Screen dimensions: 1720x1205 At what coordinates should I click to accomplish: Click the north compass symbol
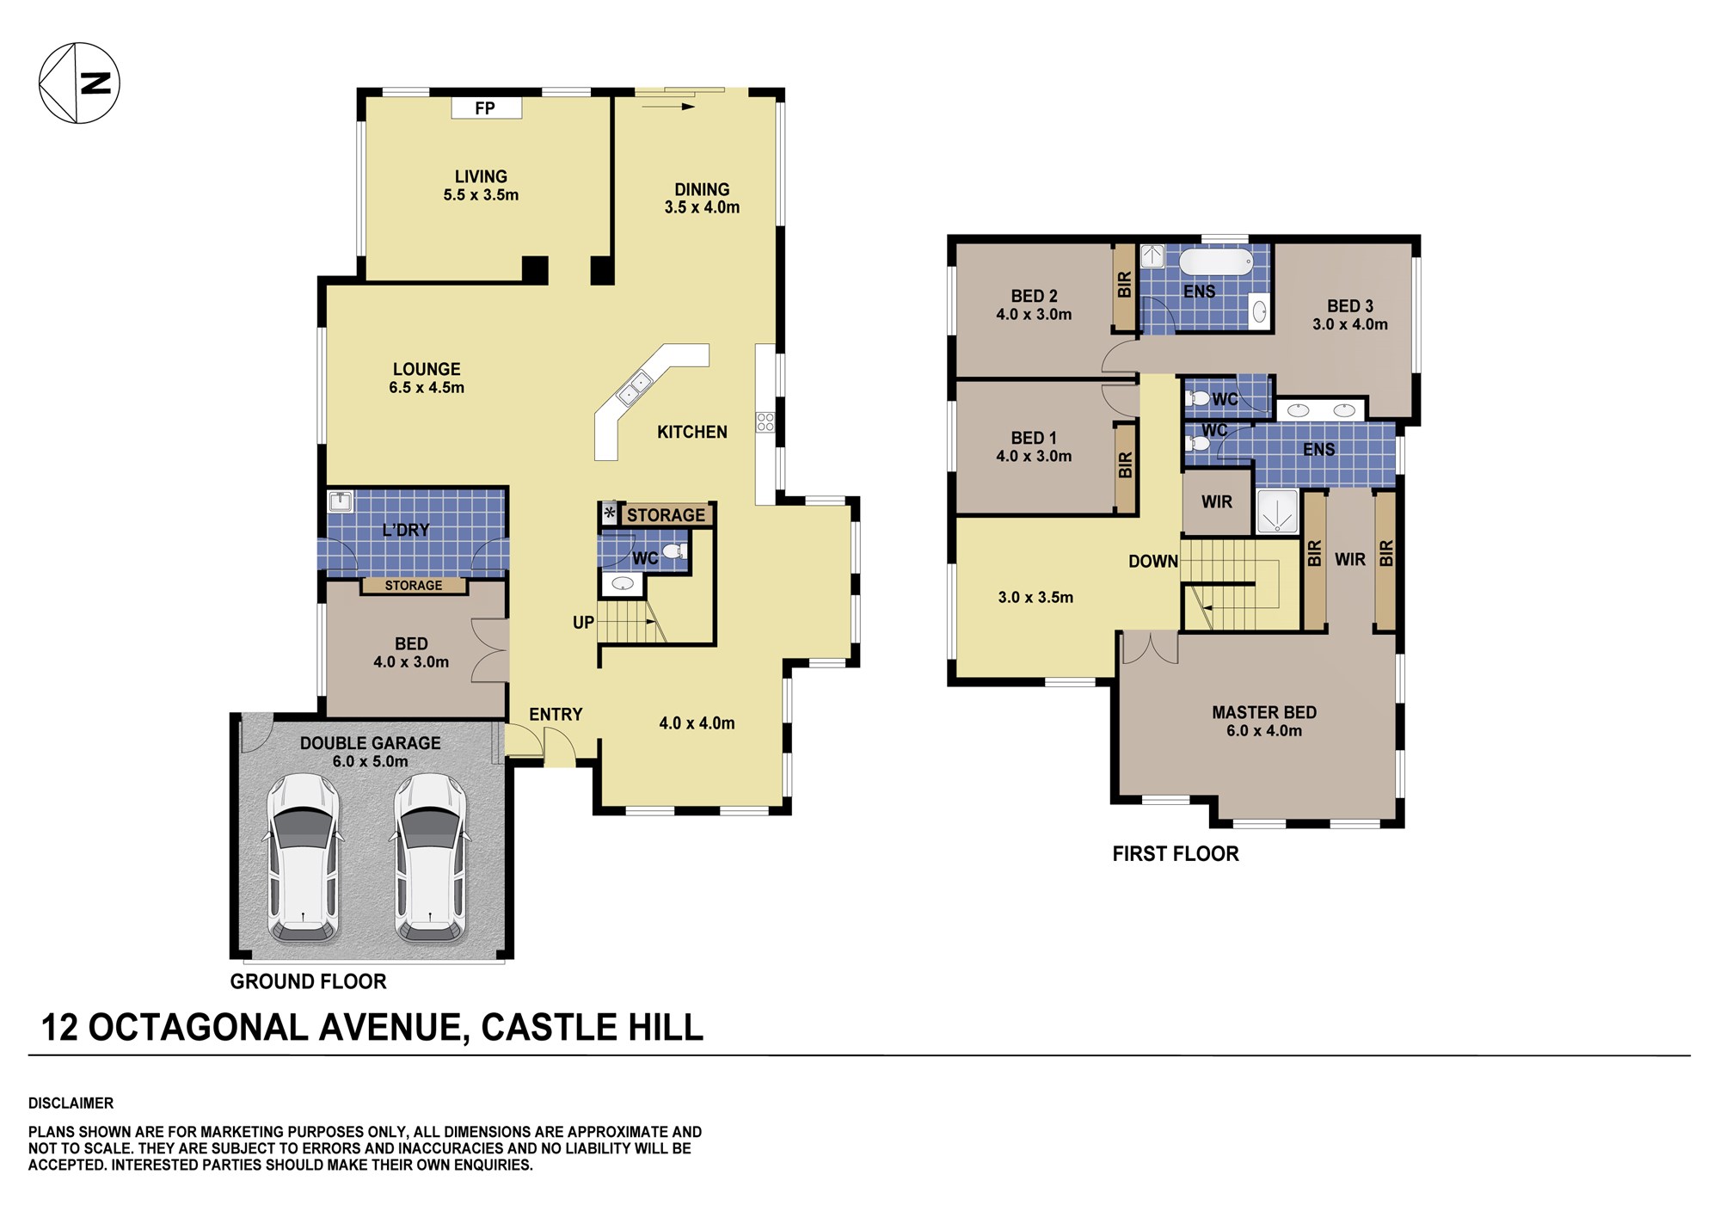[x=79, y=83]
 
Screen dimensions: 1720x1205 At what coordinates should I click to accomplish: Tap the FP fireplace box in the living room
[x=486, y=108]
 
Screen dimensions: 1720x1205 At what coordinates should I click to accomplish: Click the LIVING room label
[x=481, y=176]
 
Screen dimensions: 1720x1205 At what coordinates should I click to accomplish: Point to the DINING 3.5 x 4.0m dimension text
[x=702, y=207]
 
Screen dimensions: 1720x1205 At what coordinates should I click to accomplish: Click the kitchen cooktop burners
[x=765, y=421]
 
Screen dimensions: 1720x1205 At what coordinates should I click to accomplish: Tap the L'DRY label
[x=406, y=530]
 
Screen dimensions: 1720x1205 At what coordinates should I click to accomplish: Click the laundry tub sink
[x=341, y=501]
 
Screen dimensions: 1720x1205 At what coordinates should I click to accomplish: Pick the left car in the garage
[x=304, y=857]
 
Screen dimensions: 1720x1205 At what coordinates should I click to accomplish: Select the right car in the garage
[x=430, y=857]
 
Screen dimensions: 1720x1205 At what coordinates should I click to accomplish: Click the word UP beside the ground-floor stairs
[x=583, y=623]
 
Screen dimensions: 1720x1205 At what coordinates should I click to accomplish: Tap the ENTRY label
[x=556, y=714]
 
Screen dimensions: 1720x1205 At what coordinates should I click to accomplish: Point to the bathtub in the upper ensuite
[x=1216, y=261]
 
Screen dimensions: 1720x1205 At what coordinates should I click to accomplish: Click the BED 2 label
[x=1034, y=296]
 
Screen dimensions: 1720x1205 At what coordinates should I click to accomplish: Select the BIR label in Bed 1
[x=1125, y=465]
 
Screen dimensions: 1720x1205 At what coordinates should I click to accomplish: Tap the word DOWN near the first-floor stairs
[x=1153, y=562]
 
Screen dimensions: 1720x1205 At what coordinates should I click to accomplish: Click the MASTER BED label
[x=1264, y=712]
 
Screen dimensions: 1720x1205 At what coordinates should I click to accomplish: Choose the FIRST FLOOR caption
[x=1176, y=854]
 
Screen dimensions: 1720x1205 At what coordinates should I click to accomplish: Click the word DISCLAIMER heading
[x=71, y=1103]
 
